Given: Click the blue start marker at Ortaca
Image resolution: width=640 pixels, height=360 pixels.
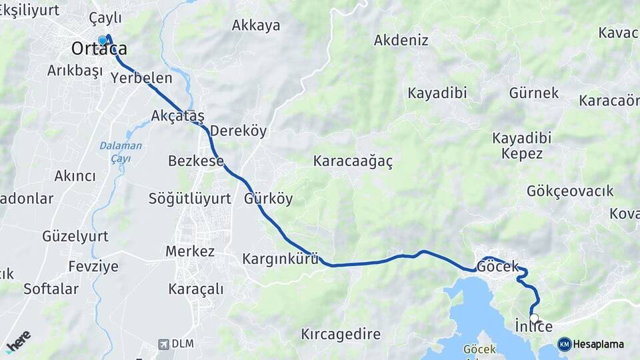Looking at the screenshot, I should pyautogui.click(x=102, y=41).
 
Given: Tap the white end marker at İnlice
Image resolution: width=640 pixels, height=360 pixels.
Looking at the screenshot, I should pyautogui.click(x=534, y=318).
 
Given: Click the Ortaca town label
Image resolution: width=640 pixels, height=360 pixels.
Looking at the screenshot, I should pyautogui.click(x=99, y=49).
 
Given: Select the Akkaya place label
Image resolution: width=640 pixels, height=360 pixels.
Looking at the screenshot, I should pyautogui.click(x=256, y=25).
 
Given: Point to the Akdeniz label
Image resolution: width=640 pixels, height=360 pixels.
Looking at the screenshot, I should pyautogui.click(x=401, y=40).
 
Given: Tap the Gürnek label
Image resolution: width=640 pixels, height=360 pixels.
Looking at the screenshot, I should pyautogui.click(x=533, y=93).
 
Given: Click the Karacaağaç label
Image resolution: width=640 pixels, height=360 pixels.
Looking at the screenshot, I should pyautogui.click(x=353, y=161).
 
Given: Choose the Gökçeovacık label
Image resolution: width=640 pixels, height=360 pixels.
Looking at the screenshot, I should pyautogui.click(x=569, y=191).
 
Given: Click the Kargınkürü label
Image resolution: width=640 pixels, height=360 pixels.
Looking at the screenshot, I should pyautogui.click(x=280, y=259).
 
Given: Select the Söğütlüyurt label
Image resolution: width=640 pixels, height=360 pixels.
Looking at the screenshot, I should pyautogui.click(x=190, y=199).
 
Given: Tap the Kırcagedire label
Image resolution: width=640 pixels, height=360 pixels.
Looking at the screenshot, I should pyautogui.click(x=341, y=334).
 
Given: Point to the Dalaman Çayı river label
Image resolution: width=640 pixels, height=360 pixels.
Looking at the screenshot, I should pyautogui.click(x=121, y=152).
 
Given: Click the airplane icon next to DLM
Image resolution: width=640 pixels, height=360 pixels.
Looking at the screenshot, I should pyautogui.click(x=163, y=344).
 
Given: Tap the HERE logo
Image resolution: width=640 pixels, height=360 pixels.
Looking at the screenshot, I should pyautogui.click(x=18, y=341).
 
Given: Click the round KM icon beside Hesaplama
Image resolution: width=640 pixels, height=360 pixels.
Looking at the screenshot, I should pyautogui.click(x=564, y=344).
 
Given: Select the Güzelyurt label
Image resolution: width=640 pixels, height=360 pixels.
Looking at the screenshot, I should pyautogui.click(x=75, y=236).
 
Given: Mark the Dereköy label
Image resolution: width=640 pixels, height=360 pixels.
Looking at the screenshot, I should pyautogui.click(x=238, y=131).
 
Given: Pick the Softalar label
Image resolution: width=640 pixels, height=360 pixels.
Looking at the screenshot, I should pyautogui.click(x=51, y=289).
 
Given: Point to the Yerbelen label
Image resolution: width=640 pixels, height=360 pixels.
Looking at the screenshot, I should pyautogui.click(x=141, y=77).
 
